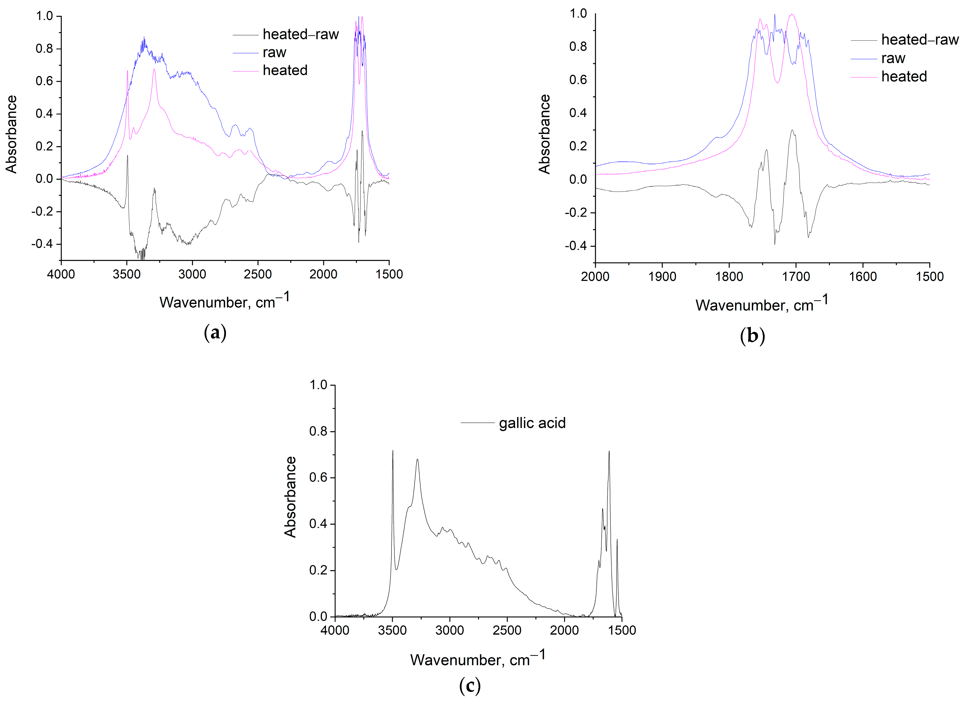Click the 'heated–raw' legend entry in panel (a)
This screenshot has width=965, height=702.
tap(300, 34)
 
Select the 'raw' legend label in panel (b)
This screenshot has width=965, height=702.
tap(893, 58)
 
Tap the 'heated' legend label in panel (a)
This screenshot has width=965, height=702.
tap(285, 70)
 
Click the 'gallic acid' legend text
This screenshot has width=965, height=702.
tap(532, 423)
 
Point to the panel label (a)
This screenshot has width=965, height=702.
tap(215, 332)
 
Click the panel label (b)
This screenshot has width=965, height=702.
tap(752, 335)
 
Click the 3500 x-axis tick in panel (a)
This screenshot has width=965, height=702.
tap(127, 274)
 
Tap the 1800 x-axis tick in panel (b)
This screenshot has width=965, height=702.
tap(729, 277)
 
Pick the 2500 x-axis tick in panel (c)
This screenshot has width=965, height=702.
tap(507, 630)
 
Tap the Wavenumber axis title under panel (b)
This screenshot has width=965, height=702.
tap(762, 304)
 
